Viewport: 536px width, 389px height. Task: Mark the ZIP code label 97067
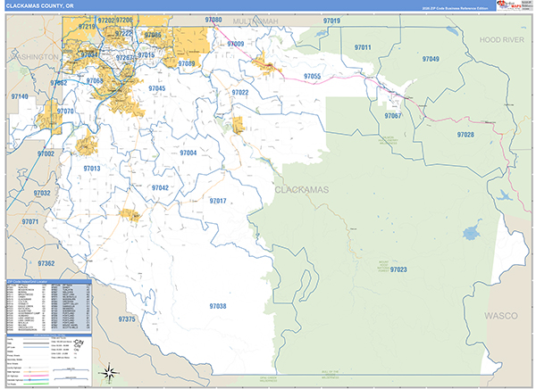click(392, 116)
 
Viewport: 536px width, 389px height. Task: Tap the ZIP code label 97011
click(362, 46)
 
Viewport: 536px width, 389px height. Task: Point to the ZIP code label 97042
click(158, 188)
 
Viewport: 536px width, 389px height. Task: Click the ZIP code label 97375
click(129, 319)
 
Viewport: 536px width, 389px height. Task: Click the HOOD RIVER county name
click(498, 41)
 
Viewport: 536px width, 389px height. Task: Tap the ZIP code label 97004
click(187, 153)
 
